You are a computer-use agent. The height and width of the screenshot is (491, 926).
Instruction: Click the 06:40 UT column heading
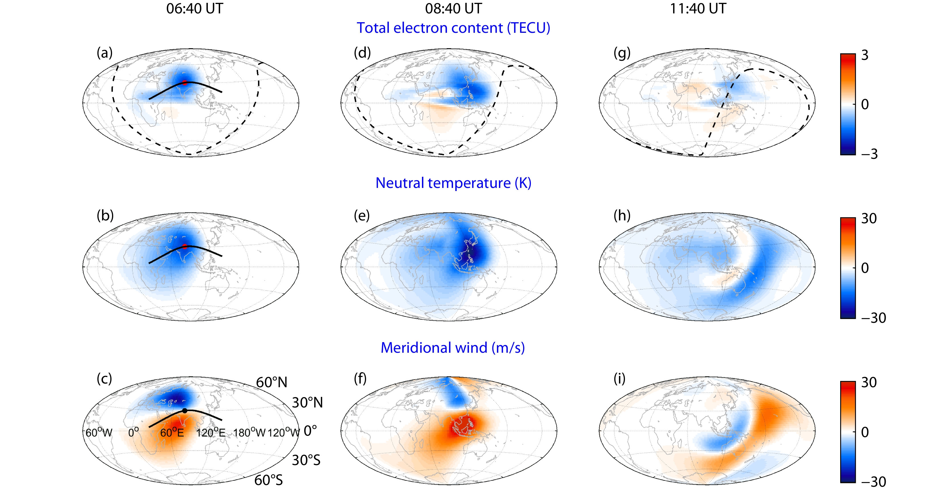194,9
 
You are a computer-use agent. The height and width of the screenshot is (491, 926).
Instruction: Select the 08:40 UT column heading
453,9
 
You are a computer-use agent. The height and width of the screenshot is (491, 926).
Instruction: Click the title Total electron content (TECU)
453,28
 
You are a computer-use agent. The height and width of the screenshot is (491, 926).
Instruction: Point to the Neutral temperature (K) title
453,183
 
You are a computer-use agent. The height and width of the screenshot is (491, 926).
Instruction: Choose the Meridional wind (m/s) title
452,348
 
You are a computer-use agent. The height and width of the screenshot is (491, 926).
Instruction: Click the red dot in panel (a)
185,83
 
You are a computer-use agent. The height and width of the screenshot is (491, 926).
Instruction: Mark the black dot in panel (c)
185,411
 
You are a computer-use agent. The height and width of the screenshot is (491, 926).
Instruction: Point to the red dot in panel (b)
185,247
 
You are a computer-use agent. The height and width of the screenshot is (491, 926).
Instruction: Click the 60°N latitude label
271,382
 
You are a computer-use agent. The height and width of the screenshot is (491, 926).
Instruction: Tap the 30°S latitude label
306,460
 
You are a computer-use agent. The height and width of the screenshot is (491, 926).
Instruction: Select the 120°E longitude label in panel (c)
211,433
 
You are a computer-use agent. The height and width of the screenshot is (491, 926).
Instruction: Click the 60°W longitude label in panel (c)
99,433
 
